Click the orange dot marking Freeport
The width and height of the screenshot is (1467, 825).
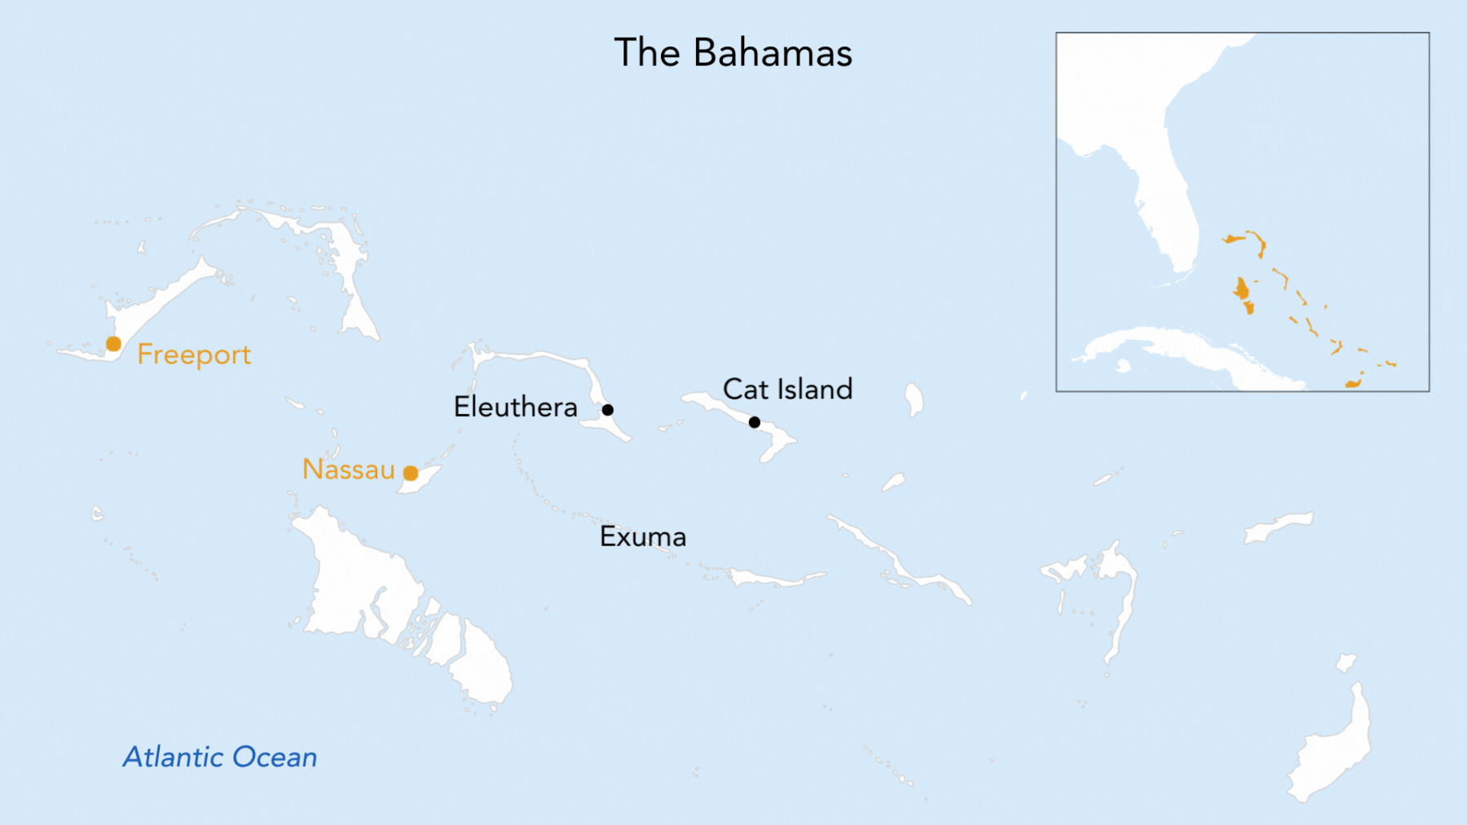click(114, 344)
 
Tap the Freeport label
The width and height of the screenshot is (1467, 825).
click(194, 355)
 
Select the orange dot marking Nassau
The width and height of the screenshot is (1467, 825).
click(411, 474)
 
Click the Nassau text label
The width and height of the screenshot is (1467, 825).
click(348, 470)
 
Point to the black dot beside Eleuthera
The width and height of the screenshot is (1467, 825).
click(608, 409)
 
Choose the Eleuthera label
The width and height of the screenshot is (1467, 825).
click(515, 407)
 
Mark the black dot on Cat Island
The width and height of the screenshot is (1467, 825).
click(755, 422)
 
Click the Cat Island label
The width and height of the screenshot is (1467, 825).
click(787, 389)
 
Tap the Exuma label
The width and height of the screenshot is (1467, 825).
click(643, 536)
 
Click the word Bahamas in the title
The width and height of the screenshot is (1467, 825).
click(773, 53)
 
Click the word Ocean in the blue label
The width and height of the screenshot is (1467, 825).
click(274, 757)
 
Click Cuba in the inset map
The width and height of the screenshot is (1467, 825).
click(1182, 346)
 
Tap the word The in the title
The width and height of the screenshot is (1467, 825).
click(647, 53)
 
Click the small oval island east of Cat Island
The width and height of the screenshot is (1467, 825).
click(914, 399)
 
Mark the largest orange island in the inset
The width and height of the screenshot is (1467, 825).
click(1241, 289)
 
